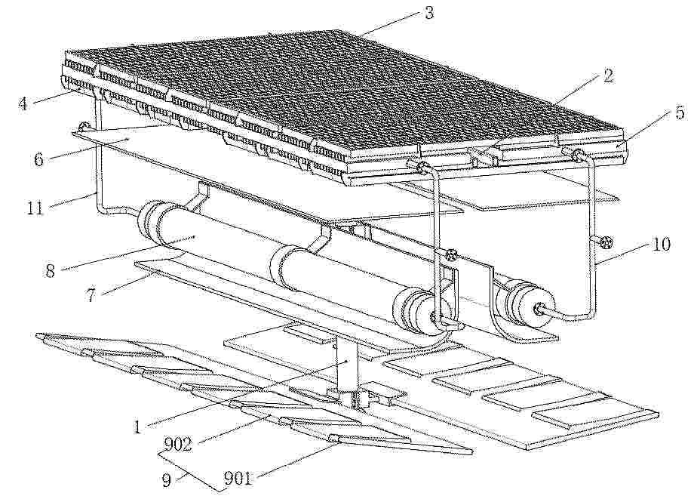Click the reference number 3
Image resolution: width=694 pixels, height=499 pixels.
(x=429, y=12)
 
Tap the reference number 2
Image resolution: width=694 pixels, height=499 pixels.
(x=609, y=75)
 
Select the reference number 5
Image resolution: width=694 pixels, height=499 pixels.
(x=680, y=112)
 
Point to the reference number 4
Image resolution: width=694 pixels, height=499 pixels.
(x=23, y=103)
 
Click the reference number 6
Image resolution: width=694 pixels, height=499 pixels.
(x=39, y=159)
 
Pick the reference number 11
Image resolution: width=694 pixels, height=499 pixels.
(x=35, y=207)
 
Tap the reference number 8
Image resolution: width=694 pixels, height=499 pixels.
(x=50, y=270)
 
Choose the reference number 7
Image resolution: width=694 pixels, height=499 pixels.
(x=91, y=294)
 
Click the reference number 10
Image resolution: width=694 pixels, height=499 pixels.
(x=661, y=244)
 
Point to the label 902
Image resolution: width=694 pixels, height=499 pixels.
(x=178, y=444)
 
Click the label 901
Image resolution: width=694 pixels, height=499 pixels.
(x=238, y=478)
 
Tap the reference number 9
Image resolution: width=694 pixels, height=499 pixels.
(x=167, y=480)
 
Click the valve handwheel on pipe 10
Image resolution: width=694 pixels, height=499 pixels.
(x=606, y=242)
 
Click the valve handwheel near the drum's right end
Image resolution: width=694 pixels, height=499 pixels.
(x=452, y=254)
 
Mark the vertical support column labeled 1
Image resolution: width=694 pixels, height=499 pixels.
(x=348, y=362)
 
